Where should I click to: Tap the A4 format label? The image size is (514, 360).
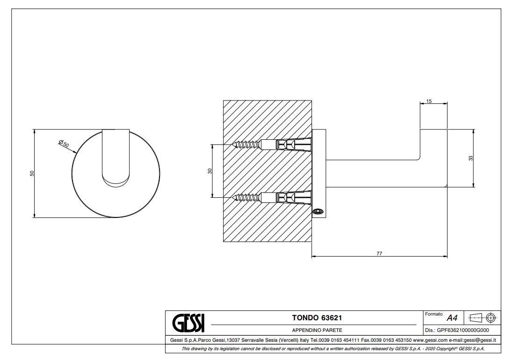coord(452,318)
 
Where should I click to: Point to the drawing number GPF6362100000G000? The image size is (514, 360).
coord(463,330)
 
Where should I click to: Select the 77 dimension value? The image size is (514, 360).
coord(379,253)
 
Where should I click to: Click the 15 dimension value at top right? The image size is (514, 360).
coord(429,101)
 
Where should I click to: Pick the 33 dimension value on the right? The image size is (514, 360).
coord(471,158)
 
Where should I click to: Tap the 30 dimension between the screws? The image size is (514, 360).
coord(210,171)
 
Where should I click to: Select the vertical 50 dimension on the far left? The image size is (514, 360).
coord(32,173)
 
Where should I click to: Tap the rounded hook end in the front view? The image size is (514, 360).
coord(115,180)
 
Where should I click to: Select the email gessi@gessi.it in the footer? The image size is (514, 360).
coord(482,340)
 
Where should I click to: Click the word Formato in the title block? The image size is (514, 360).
coord(434,314)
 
